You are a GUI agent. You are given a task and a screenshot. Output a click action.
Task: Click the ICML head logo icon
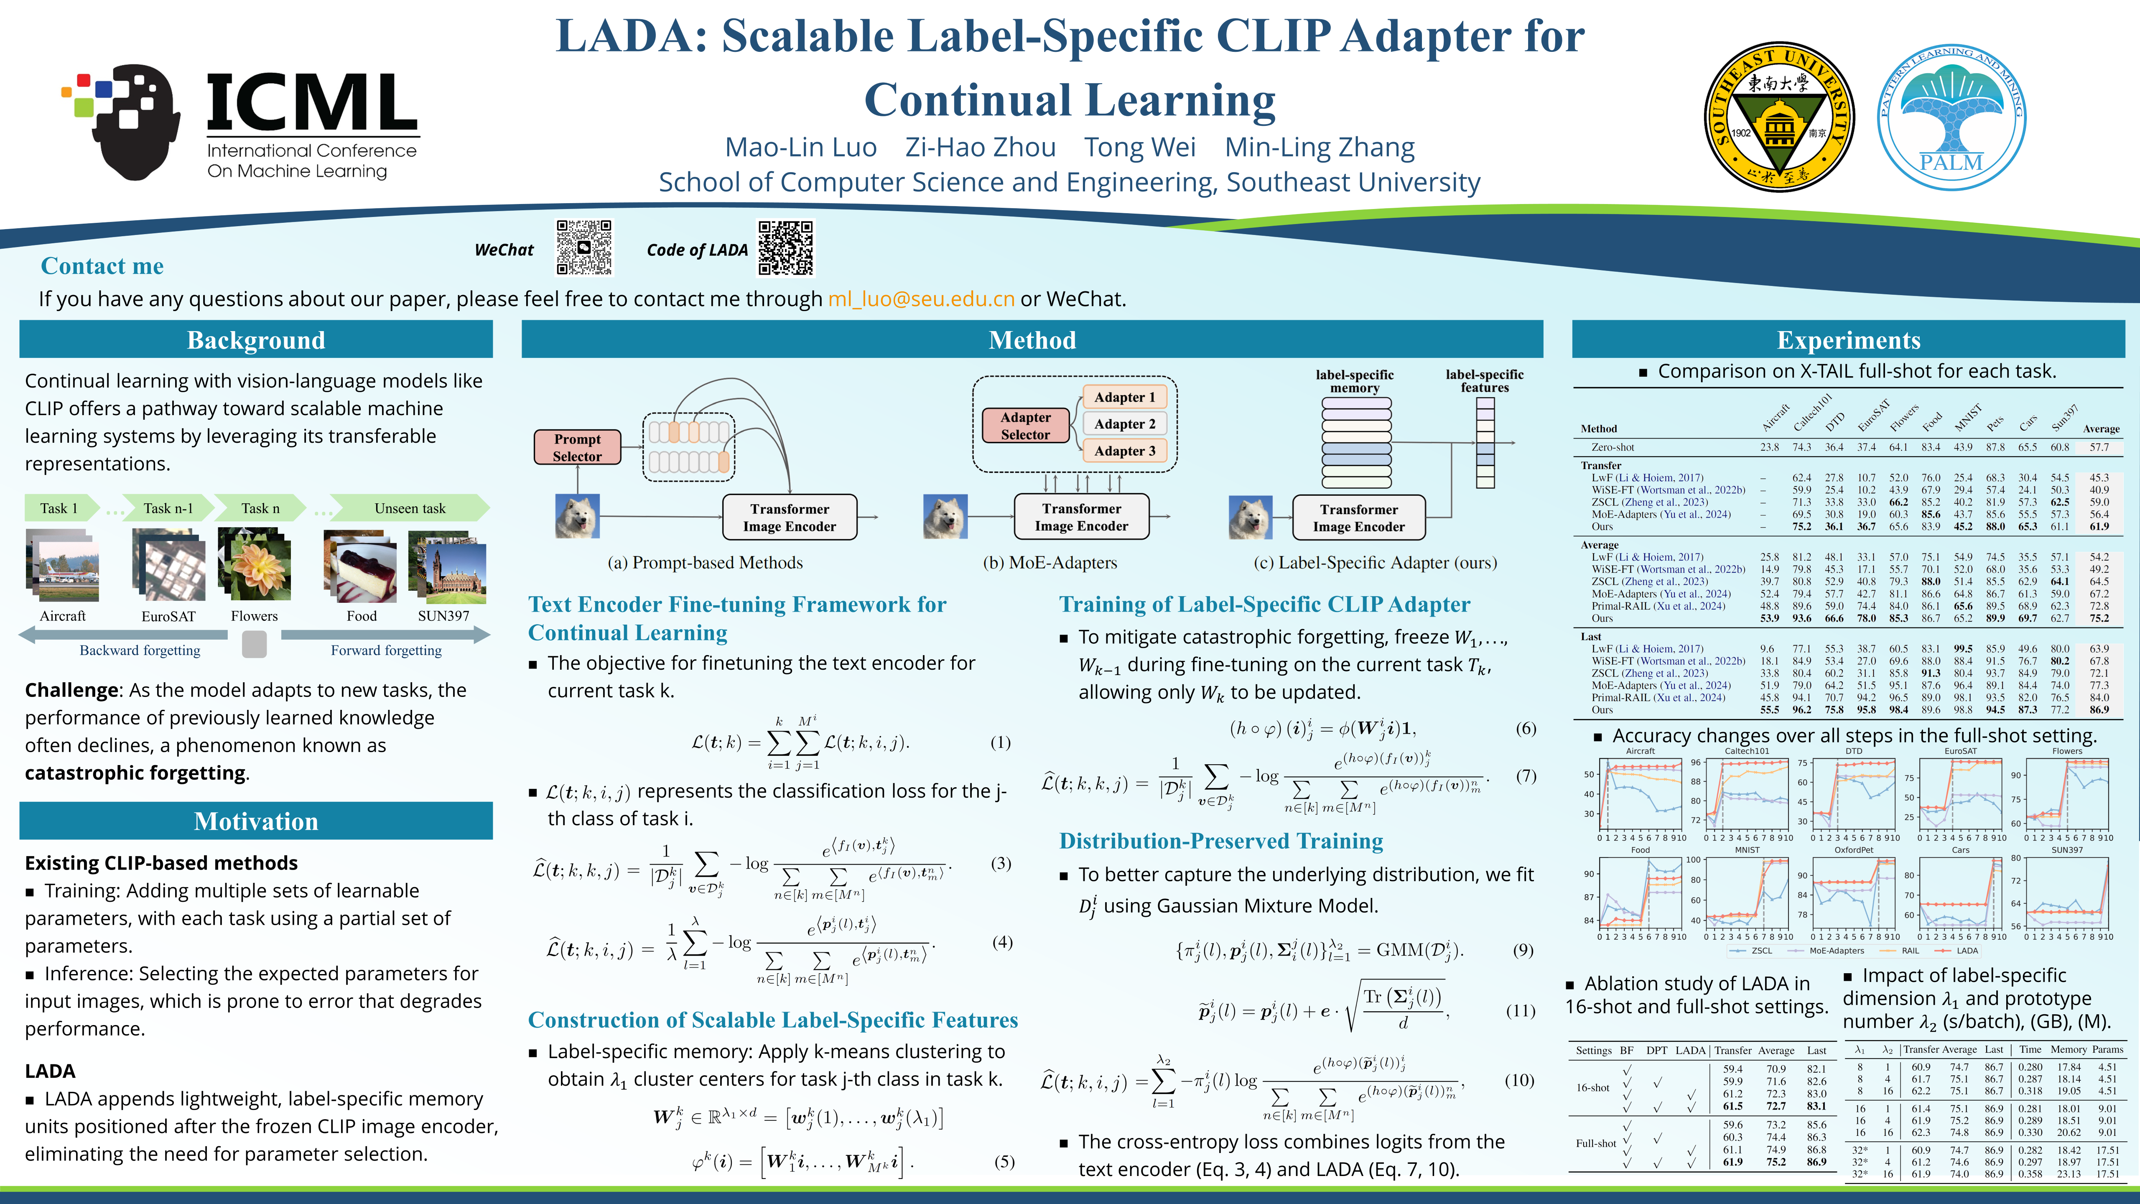(x=125, y=120)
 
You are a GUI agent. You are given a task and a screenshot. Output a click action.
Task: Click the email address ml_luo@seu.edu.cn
(x=920, y=299)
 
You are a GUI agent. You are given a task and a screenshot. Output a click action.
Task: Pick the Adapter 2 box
(x=1125, y=424)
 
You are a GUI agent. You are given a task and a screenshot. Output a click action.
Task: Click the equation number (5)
(x=1004, y=1162)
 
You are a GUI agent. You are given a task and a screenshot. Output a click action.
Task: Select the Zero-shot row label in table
(x=1613, y=447)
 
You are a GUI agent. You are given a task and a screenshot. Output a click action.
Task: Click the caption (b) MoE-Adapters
(x=1050, y=563)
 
